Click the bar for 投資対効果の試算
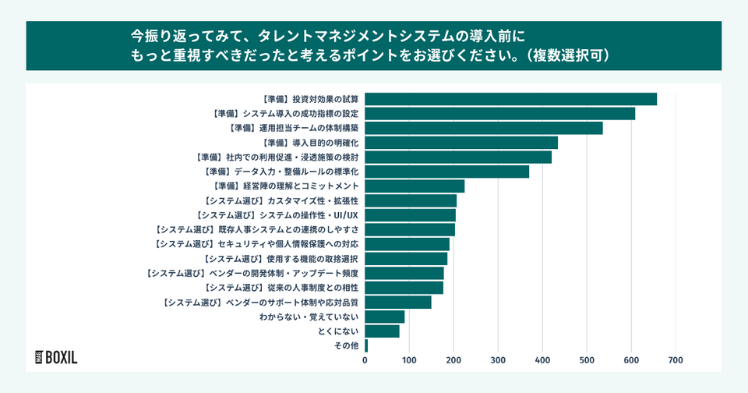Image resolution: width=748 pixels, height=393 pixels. point(510,99)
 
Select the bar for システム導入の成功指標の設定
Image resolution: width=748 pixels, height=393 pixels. point(499,114)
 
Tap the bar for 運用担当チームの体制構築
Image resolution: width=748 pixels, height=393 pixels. point(483,128)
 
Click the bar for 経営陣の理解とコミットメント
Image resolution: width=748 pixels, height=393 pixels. point(415,186)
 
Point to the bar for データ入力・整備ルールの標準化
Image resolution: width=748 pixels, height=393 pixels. point(446,172)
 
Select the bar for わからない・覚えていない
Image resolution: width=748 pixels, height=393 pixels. point(385,317)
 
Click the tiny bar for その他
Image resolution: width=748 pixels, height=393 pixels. point(366,345)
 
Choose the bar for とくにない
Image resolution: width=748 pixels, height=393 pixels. point(382,331)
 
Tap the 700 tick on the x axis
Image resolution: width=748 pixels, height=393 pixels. point(676,361)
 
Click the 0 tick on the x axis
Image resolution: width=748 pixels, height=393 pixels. point(365,361)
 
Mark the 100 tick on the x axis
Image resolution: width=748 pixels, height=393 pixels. point(409,361)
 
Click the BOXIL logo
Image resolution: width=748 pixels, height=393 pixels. point(56,358)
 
